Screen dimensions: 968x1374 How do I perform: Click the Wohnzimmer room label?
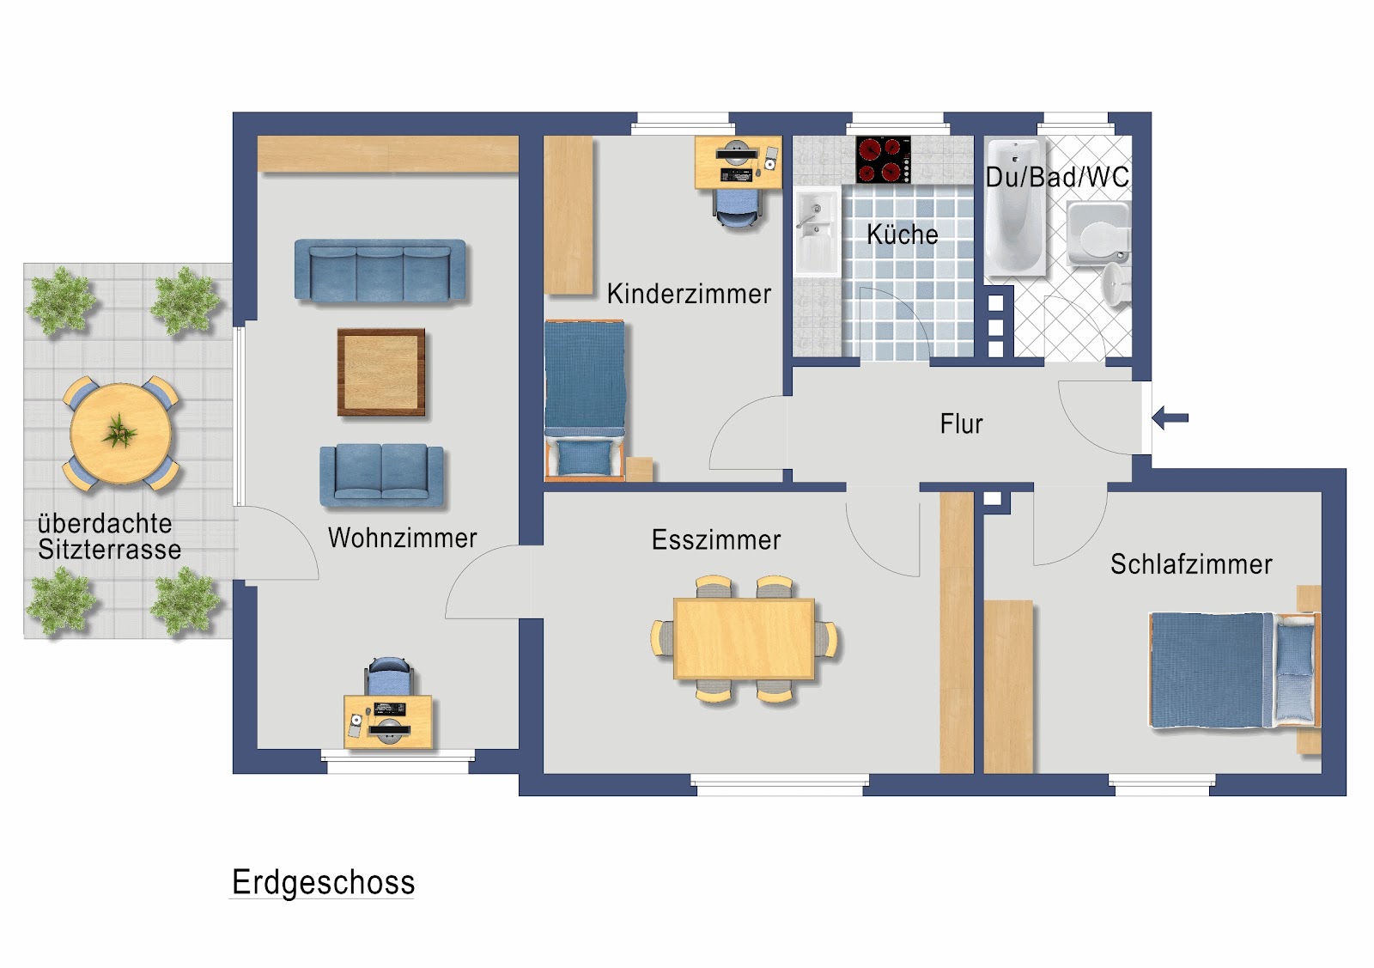pyautogui.click(x=402, y=538)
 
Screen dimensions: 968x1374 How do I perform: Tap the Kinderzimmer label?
pyautogui.click(x=689, y=294)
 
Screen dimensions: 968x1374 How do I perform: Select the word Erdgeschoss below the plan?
pyautogui.click(x=323, y=882)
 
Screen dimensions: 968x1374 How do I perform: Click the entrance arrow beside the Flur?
pyautogui.click(x=1170, y=418)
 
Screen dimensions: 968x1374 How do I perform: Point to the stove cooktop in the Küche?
pyautogui.click(x=883, y=160)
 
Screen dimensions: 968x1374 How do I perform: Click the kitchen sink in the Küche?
pyautogui.click(x=816, y=229)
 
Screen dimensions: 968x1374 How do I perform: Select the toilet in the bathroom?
pyautogui.click(x=1098, y=234)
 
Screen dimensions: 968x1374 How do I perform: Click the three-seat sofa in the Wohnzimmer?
pyautogui.click(x=380, y=270)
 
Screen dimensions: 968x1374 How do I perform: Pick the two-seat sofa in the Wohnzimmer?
pyautogui.click(x=382, y=475)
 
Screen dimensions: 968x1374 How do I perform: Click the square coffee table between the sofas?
pyautogui.click(x=381, y=372)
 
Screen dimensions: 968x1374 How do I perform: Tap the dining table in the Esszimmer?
pyautogui.click(x=744, y=638)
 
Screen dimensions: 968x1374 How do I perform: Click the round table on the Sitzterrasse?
pyautogui.click(x=120, y=433)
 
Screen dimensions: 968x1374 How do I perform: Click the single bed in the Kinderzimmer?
pyautogui.click(x=585, y=399)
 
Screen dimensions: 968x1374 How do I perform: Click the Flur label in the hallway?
pyautogui.click(x=961, y=424)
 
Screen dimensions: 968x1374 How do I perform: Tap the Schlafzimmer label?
pyautogui.click(x=1190, y=564)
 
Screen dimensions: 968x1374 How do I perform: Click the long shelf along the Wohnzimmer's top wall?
pyautogui.click(x=387, y=153)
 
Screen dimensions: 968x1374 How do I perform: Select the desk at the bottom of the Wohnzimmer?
pyautogui.click(x=388, y=721)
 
